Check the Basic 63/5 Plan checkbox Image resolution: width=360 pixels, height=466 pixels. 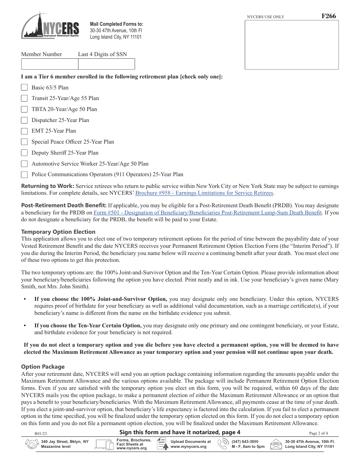[24, 87]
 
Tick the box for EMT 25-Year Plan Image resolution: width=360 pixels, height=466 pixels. [24, 131]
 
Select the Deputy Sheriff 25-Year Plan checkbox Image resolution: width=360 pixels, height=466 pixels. [24, 153]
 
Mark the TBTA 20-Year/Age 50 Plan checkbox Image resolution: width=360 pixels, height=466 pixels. [24, 109]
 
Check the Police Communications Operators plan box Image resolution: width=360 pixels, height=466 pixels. [24, 175]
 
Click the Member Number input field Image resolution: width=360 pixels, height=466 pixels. [49, 64]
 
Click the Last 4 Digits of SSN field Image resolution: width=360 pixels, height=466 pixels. [106, 64]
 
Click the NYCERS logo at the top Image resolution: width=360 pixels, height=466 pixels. [50, 25]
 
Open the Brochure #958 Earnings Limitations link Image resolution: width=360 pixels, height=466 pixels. [204, 193]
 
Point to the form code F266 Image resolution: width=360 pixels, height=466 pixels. [328, 16]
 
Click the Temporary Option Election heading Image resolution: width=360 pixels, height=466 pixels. [58, 231]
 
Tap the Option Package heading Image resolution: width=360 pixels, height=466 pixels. [43, 366]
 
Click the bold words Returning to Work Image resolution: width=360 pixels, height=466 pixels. [47, 186]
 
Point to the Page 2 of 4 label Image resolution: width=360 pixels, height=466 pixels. [318, 433]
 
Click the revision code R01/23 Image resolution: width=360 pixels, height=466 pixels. [41, 433]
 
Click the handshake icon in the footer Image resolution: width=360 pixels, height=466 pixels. [31, 444]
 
